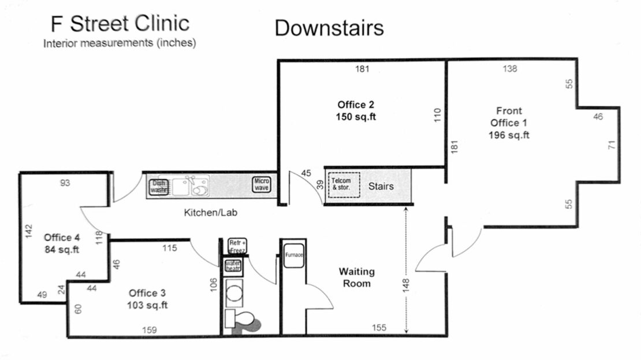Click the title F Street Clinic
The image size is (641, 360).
tap(120, 24)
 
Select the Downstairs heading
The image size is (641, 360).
tap(329, 27)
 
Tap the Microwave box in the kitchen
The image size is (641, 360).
tap(261, 185)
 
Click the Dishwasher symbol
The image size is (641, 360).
tap(159, 186)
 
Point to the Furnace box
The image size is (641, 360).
tap(293, 255)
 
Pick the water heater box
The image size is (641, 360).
tap(233, 266)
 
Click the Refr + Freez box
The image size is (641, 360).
tap(237, 245)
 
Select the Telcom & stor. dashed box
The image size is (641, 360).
tap(344, 185)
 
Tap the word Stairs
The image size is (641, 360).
tap(381, 186)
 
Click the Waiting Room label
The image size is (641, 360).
tap(356, 277)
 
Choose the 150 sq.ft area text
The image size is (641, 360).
tap(356, 116)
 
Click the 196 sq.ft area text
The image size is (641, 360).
tap(509, 135)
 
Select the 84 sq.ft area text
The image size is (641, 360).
tap(61, 250)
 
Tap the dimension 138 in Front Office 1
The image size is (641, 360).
tap(510, 69)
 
